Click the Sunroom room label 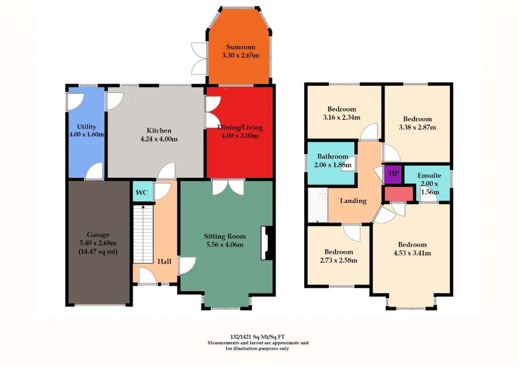point(240,47)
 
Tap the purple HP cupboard point(393,174)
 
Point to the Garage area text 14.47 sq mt point(98,252)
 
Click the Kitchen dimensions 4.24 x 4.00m point(159,139)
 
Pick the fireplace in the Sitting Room point(267,243)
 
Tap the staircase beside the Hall point(143,234)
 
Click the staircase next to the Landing point(318,205)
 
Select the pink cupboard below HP point(399,194)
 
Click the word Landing point(353,201)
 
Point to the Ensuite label point(429,176)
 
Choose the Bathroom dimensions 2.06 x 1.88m point(333,165)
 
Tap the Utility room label point(87,127)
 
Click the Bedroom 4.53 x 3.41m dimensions point(412,253)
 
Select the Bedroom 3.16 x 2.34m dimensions point(342,117)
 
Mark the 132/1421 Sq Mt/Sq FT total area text point(257,336)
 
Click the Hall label point(164,261)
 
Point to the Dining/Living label point(240,127)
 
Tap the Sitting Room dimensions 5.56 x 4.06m point(225,244)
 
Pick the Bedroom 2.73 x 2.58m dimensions point(339,260)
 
